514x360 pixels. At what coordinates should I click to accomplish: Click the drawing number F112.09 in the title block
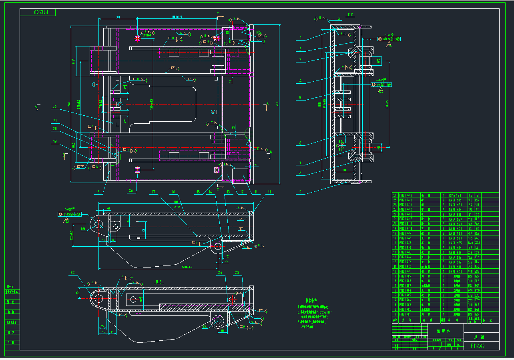pos(478,346)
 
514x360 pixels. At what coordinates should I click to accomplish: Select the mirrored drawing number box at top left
pos(38,12)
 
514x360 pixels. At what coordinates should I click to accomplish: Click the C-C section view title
pos(350,15)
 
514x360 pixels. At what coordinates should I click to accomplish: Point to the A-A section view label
pos(177,207)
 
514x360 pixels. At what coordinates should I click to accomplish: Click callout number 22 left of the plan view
pos(54,107)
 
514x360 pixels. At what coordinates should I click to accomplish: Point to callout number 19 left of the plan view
pos(54,141)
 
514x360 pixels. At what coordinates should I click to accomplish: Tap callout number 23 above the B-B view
pos(72,273)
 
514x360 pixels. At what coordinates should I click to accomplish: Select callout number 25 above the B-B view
pos(237,273)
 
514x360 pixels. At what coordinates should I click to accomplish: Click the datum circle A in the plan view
pos(94,85)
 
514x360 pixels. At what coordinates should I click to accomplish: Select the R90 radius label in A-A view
pos(83,229)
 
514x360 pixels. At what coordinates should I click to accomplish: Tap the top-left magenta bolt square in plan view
pos(137,38)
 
